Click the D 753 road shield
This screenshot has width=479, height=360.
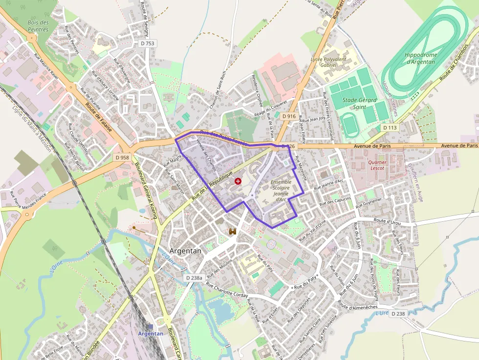tap(147, 43)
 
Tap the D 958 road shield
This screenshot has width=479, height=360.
tap(122, 158)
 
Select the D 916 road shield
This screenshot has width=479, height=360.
tap(289, 116)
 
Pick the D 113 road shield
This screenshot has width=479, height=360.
tap(390, 127)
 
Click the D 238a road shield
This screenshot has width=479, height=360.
tap(194, 277)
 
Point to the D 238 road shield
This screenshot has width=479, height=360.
tap(398, 314)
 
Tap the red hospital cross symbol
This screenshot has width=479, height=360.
tap(238, 181)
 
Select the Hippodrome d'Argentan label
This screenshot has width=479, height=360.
tap(420, 58)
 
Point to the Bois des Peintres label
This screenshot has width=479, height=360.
tap(38, 26)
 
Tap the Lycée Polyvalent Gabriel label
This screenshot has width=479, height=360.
tap(328, 62)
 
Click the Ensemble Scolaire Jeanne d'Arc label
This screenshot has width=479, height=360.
tap(281, 191)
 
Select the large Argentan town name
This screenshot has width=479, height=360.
tap(185, 251)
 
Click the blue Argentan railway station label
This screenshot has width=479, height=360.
tap(151, 334)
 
